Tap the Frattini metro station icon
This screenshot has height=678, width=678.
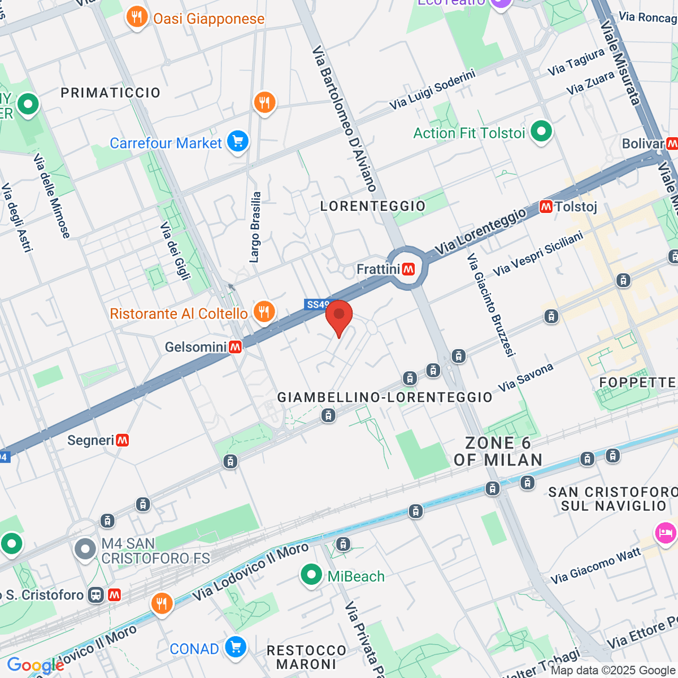408,270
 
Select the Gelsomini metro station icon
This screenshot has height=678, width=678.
235,347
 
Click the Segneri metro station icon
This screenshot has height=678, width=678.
122,440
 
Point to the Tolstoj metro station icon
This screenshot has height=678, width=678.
546,207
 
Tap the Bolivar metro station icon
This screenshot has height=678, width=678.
671,144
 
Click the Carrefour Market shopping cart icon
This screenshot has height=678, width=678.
237,142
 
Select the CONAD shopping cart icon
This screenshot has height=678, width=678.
235,647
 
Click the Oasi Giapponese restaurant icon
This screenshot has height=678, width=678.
137,17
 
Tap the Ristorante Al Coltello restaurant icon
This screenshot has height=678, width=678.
264,311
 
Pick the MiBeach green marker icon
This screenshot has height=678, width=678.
311,575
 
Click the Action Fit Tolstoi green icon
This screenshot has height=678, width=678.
541,132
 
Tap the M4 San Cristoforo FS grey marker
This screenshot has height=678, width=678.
85,548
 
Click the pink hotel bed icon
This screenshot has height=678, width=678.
666,533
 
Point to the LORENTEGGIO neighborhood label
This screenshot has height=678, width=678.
373,206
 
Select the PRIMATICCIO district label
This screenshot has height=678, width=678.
111,93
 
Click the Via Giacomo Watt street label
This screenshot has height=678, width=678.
596,566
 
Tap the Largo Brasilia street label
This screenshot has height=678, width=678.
255,227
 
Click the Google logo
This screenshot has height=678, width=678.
35,666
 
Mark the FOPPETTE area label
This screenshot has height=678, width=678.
637,383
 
